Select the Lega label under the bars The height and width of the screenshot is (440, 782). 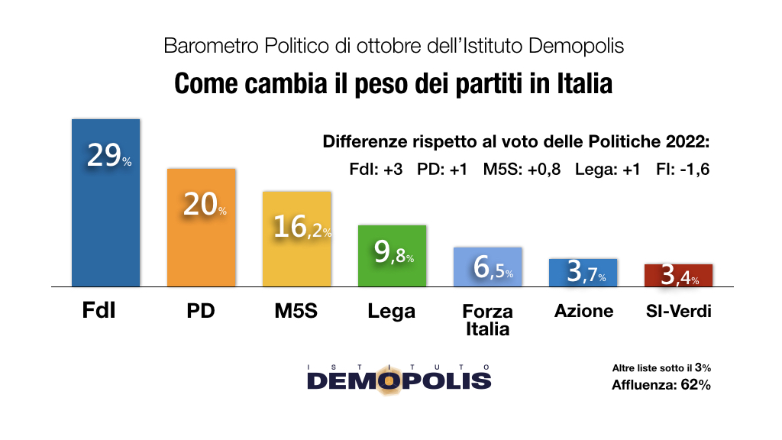(x=391, y=311)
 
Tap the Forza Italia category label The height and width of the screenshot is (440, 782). (x=487, y=320)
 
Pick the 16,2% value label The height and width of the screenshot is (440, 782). (x=300, y=226)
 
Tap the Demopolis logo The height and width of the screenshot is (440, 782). (x=399, y=377)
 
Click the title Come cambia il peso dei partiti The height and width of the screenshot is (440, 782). (x=393, y=83)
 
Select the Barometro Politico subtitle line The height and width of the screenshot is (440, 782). (x=393, y=46)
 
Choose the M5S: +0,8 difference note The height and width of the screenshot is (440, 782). (x=522, y=170)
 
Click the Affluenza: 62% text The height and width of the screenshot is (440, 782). (x=661, y=385)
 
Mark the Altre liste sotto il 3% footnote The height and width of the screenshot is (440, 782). (x=661, y=368)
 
